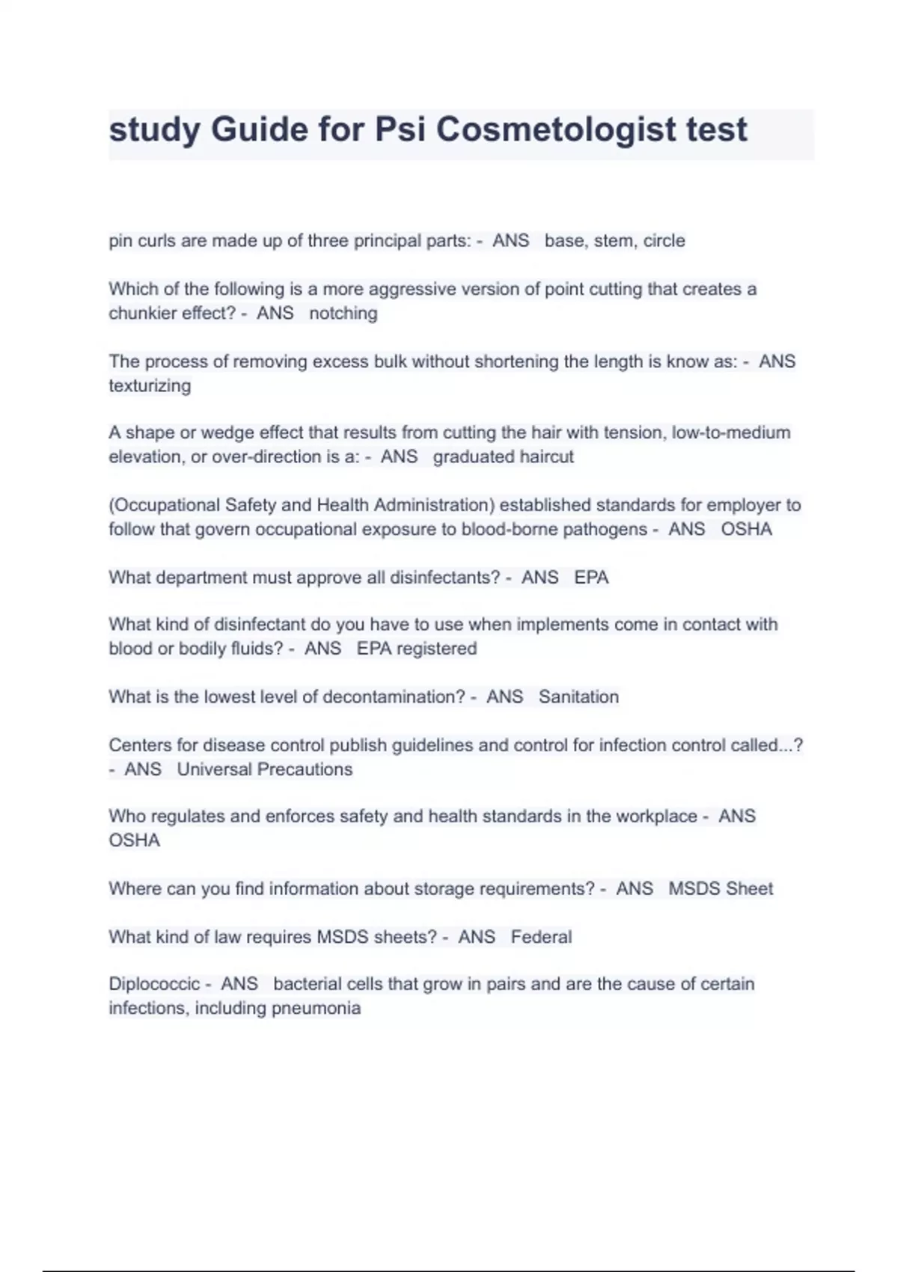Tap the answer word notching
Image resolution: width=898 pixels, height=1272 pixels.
(x=343, y=314)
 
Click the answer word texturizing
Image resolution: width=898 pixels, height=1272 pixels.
(x=150, y=386)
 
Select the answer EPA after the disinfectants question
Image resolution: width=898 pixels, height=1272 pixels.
(x=591, y=578)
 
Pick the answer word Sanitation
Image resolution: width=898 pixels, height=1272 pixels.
(x=578, y=697)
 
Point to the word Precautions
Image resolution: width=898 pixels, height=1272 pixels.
(x=308, y=770)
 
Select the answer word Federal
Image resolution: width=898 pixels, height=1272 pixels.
(x=541, y=938)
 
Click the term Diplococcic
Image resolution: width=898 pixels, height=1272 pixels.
(x=154, y=985)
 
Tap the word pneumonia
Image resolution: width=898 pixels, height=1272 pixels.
(x=316, y=1009)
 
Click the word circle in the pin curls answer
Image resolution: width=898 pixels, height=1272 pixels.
(x=664, y=241)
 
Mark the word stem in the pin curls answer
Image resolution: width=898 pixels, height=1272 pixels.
(x=613, y=241)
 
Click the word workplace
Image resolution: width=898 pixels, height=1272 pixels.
(x=656, y=816)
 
